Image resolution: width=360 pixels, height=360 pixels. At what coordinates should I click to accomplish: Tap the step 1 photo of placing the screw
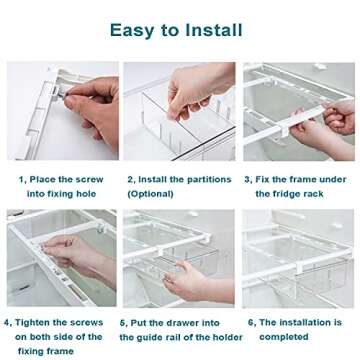tap(62, 111)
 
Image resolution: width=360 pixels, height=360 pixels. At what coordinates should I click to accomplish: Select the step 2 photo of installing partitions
tap(179, 111)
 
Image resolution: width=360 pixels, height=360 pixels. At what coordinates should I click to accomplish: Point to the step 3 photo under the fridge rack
tap(298, 111)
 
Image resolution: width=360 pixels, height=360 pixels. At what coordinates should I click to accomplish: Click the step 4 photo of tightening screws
tap(62, 258)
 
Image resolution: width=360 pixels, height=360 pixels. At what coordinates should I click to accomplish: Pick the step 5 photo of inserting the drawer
tap(179, 258)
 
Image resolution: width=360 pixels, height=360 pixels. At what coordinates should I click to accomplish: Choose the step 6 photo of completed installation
tap(298, 258)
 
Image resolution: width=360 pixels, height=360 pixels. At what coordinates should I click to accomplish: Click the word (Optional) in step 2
tap(151, 193)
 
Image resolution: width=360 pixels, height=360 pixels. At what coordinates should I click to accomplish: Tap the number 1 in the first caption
tap(20, 179)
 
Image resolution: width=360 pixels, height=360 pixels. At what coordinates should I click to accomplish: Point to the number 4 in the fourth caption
tap(8, 323)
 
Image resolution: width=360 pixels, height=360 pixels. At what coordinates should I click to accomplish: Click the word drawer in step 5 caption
tap(183, 323)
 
